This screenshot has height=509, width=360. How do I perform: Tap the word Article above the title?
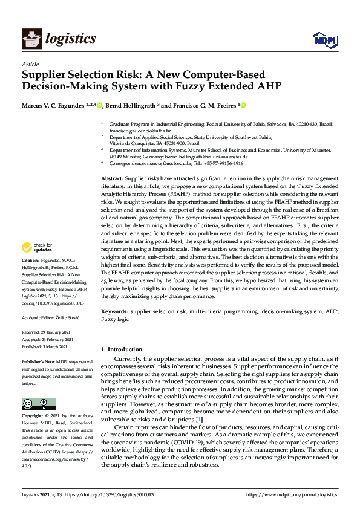[30, 64]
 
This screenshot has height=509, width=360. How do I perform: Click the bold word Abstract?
[111, 180]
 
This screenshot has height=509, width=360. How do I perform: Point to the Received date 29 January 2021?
[58, 332]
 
